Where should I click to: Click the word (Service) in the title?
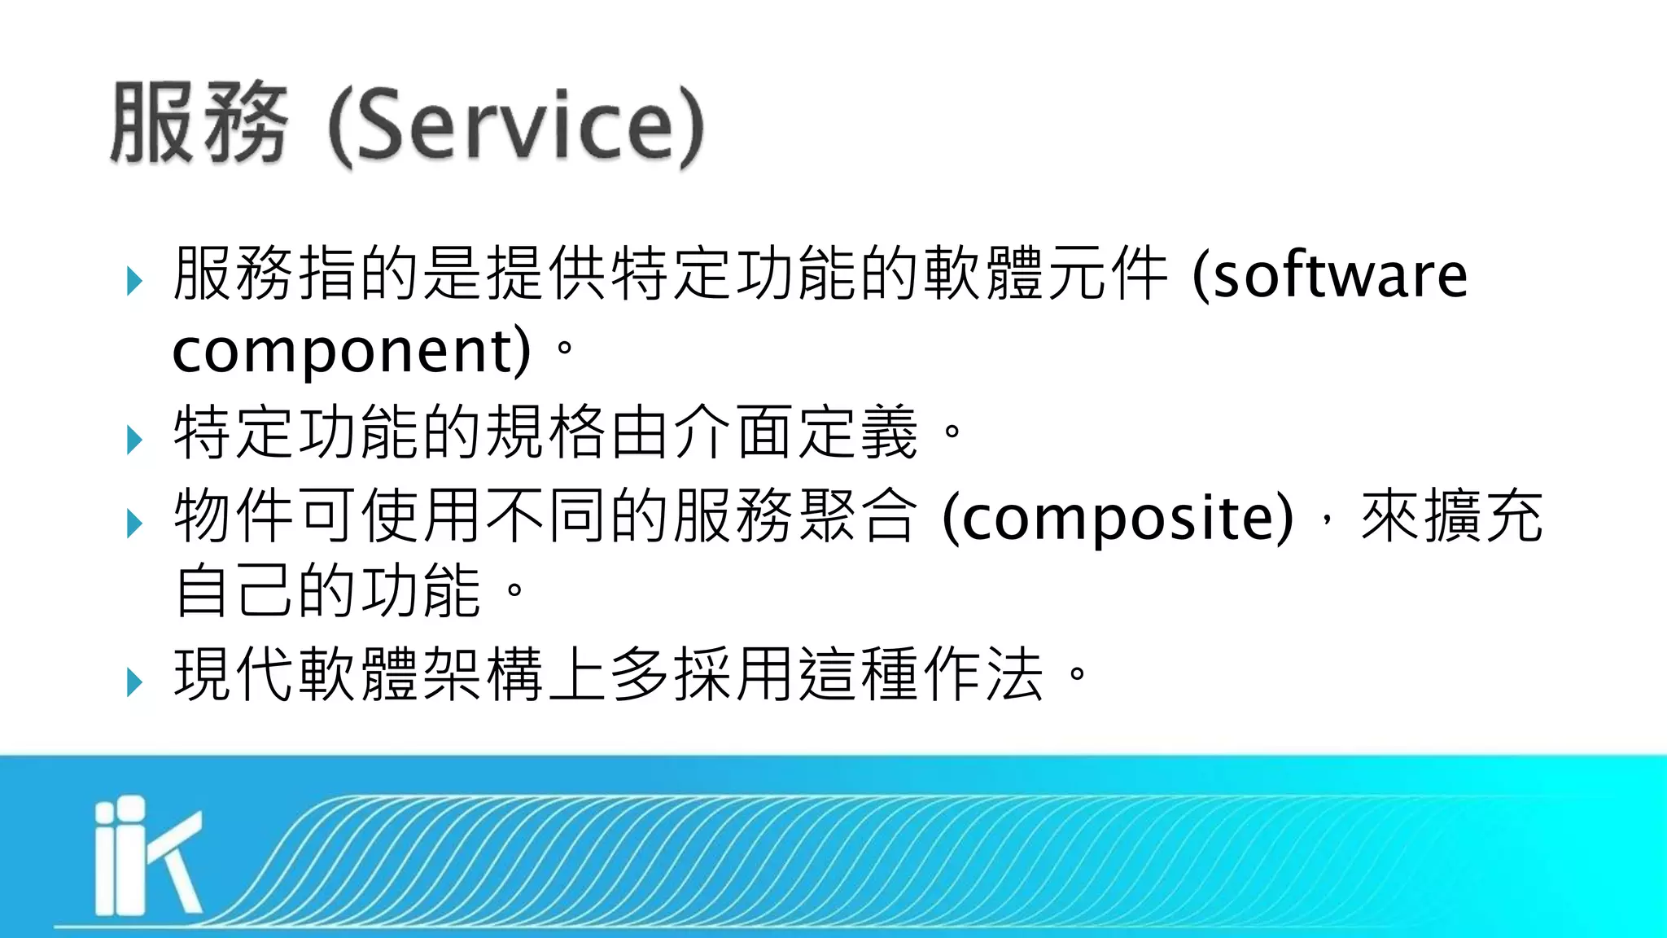click(x=516, y=126)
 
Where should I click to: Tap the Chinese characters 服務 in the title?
click(x=199, y=124)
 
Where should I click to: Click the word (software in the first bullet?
click(x=1330, y=275)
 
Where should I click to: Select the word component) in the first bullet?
click(x=352, y=351)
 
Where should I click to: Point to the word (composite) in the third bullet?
click(x=1117, y=517)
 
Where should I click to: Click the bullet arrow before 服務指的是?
click(x=135, y=282)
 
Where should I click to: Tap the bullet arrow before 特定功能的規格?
click(x=135, y=441)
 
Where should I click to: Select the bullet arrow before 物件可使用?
click(x=135, y=524)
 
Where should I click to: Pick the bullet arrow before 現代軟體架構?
click(x=135, y=682)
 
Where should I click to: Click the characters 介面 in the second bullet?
click(x=735, y=432)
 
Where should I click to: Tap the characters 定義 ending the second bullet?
click(x=860, y=432)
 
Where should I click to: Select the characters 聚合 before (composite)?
click(x=860, y=515)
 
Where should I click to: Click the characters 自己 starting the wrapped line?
click(x=234, y=590)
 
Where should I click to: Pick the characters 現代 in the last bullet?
click(x=234, y=674)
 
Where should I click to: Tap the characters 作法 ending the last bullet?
click(x=984, y=674)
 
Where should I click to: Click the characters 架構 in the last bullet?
click(x=484, y=674)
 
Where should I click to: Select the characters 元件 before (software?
click(x=1109, y=274)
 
